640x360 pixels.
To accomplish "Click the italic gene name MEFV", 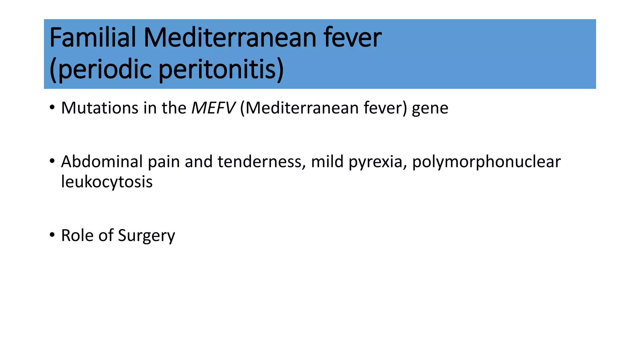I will pyautogui.click(x=213, y=108).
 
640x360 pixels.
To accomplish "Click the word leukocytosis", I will pyautogui.click(x=107, y=182).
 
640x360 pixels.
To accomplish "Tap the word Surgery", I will pyautogui.click(x=147, y=236).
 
